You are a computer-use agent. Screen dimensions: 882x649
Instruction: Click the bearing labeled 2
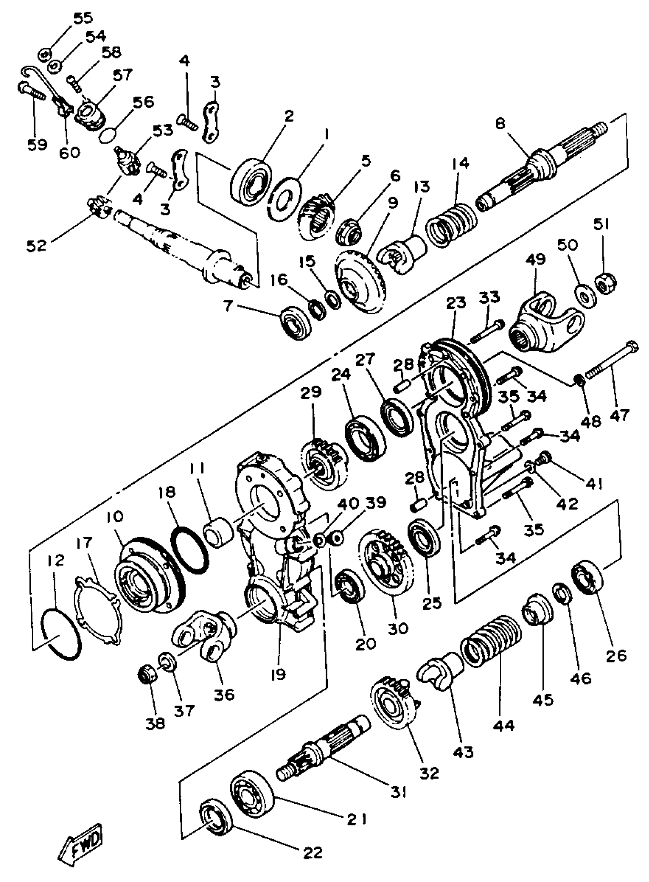[252, 180]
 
